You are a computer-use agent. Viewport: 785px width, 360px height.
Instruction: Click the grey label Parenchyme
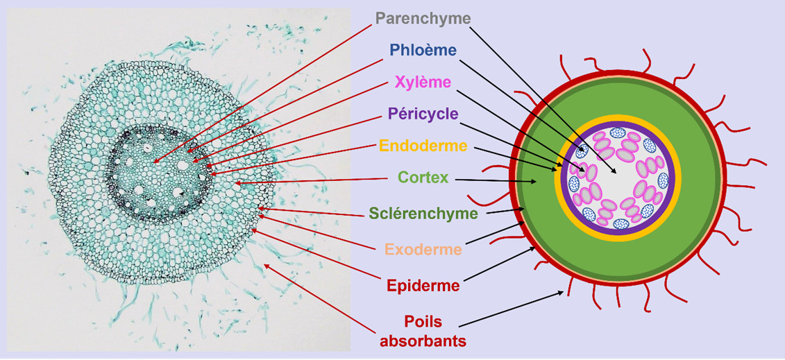[x=423, y=17]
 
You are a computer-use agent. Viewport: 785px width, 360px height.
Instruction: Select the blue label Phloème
[x=423, y=50]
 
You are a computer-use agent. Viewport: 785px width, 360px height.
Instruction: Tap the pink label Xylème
[x=423, y=82]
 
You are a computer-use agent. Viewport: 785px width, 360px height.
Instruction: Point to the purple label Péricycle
[x=423, y=113]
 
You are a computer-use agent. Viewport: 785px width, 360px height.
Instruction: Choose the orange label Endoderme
[x=423, y=146]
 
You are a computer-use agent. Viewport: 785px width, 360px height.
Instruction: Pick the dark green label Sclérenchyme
[x=423, y=214]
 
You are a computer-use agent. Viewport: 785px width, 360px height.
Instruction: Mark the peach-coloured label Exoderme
[x=423, y=248]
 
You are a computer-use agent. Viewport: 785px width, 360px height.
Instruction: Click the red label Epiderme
[x=423, y=283]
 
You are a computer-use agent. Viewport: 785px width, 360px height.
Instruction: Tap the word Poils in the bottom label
[x=424, y=321]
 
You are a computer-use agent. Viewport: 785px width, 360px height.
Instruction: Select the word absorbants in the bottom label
[x=424, y=341]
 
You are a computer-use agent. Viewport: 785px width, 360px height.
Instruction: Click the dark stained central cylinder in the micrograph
[x=160, y=173]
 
